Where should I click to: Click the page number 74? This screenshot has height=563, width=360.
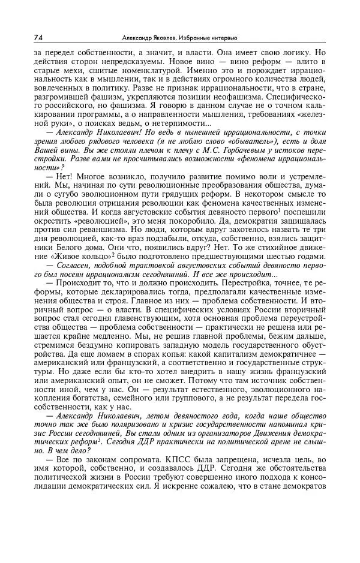pyautogui.click(x=38, y=37)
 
